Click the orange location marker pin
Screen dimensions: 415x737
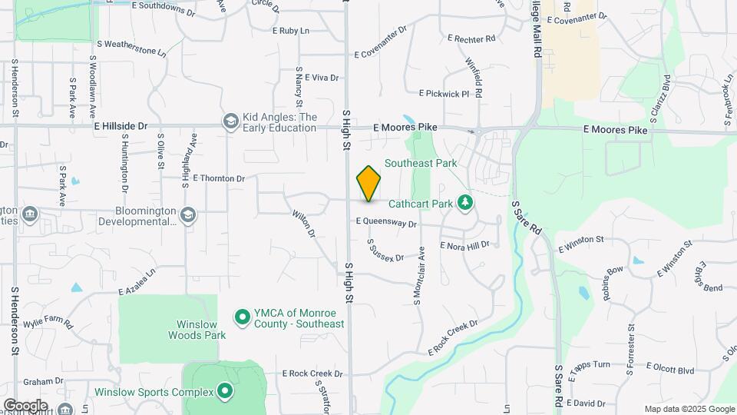point(368,184)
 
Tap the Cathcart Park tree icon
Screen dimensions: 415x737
point(464,203)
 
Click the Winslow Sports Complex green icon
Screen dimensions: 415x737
point(225,392)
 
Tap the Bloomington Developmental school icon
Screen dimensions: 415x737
point(189,216)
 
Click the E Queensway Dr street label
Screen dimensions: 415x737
point(385,224)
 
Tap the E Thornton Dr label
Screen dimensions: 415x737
point(219,178)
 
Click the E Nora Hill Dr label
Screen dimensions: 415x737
point(464,244)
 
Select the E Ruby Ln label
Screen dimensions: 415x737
point(290,31)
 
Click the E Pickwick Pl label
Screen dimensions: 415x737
point(443,94)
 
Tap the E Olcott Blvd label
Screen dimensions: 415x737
point(670,369)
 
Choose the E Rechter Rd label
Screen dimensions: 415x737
point(471,38)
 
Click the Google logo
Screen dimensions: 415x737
point(25,405)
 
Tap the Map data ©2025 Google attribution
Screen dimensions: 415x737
point(689,409)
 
